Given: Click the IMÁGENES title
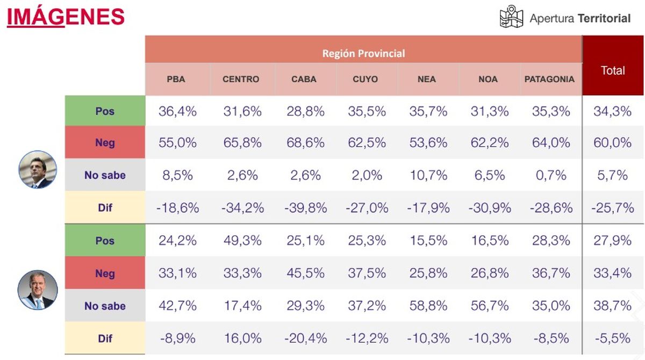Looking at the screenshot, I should [66, 17].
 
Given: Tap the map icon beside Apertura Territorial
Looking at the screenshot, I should [511, 17].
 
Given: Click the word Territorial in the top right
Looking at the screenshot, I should [604, 18].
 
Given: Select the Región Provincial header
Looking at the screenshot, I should [363, 53].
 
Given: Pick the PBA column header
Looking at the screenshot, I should [176, 79].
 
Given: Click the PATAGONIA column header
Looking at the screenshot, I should [550, 79].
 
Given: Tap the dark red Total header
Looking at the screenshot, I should [613, 70].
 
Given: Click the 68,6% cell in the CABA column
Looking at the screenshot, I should [305, 143].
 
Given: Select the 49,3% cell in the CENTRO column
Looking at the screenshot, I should [242, 240].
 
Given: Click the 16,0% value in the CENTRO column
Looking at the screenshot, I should [242, 339].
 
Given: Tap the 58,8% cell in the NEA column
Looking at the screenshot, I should [428, 306].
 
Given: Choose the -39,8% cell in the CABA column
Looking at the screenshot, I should [305, 208].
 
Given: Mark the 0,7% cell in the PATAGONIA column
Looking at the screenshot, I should [551, 175].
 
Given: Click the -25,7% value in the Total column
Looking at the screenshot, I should [613, 208].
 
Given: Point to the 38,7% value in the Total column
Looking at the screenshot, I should [613, 306].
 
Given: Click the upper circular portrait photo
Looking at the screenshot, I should [38, 169].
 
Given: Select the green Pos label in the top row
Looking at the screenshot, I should [105, 111].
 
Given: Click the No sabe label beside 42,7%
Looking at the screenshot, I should [105, 306].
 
